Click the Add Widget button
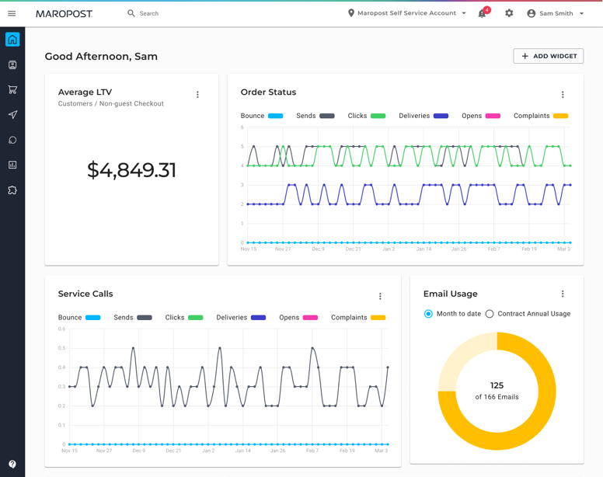pyautogui.click(x=548, y=56)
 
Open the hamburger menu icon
pyautogui.click(x=12, y=13)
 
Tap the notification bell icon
pyautogui.click(x=483, y=13)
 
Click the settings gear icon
pyautogui.click(x=509, y=13)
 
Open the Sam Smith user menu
pyautogui.click(x=556, y=13)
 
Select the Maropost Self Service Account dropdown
pyautogui.click(x=407, y=13)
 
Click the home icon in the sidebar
pyautogui.click(x=12, y=40)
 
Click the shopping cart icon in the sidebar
pyautogui.click(x=12, y=89)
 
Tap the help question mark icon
pyautogui.click(x=12, y=464)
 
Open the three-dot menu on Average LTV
pyautogui.click(x=197, y=95)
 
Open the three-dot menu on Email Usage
pyautogui.click(x=563, y=294)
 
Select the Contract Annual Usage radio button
pyautogui.click(x=490, y=314)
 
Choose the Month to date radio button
pyautogui.click(x=428, y=314)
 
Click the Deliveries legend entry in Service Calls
pyautogui.click(x=241, y=318)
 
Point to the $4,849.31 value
pyautogui.click(x=131, y=170)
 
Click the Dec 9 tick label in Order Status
pyautogui.click(x=319, y=249)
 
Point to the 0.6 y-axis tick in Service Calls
pyautogui.click(x=62, y=329)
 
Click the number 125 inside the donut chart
pyautogui.click(x=497, y=385)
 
